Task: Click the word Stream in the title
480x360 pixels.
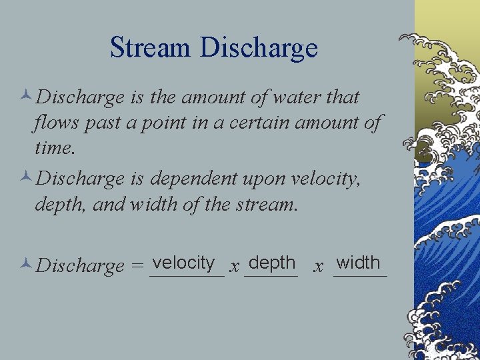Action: tap(151, 48)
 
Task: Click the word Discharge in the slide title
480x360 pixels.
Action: tap(259, 48)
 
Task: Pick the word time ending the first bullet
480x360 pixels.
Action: tap(54, 148)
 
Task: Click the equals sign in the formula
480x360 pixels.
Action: tap(137, 267)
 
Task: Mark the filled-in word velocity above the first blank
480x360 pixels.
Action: tap(184, 263)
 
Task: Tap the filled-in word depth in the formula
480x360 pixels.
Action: tap(271, 263)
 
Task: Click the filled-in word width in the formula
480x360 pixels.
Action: tap(359, 263)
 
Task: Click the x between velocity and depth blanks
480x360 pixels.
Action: tap(234, 267)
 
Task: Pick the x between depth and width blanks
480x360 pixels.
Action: tap(319, 267)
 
